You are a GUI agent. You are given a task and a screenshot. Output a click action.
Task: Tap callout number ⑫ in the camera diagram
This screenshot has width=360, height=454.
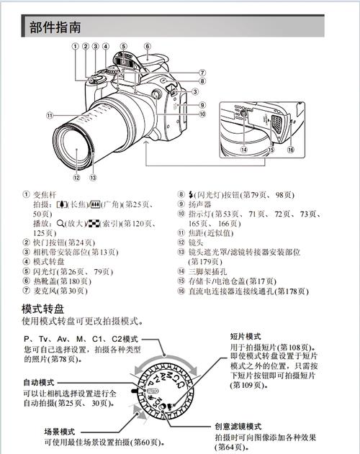(x=76, y=175)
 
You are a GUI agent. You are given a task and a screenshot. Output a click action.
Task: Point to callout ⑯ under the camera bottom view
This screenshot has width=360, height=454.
(x=291, y=150)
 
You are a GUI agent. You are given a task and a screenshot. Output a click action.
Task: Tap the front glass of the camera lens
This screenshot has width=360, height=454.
(x=76, y=151)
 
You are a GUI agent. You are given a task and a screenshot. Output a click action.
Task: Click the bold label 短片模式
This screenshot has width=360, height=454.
(x=246, y=335)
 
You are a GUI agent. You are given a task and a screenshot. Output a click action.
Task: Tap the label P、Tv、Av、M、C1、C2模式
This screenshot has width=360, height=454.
(x=81, y=339)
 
